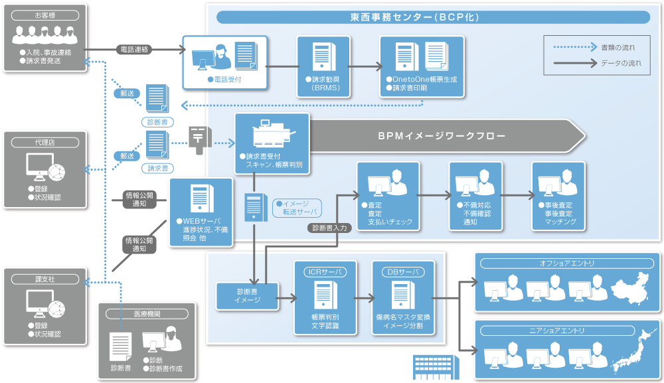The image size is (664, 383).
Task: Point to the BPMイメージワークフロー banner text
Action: tap(442, 136)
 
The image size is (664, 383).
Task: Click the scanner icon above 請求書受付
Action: tap(273, 136)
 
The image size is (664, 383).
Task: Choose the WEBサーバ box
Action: tap(201, 212)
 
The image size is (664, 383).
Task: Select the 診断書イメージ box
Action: tap(247, 295)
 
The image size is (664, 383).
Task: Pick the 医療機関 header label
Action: tap(147, 313)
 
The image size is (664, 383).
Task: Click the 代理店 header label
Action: tap(45, 142)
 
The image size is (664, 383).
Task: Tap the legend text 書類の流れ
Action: tap(618, 48)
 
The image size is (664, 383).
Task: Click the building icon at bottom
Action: tap(432, 367)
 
